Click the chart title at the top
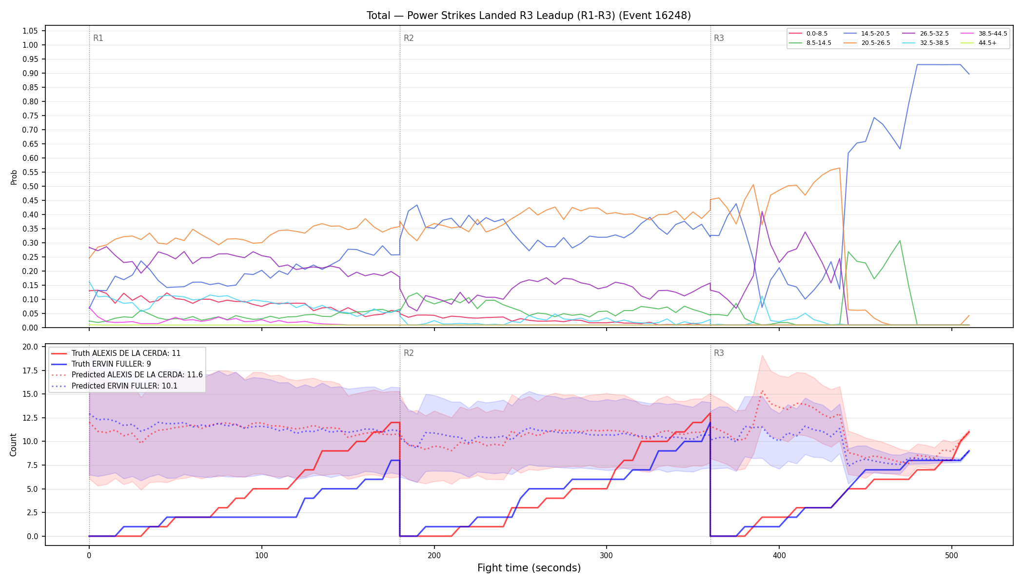pos(529,16)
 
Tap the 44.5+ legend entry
pos(979,43)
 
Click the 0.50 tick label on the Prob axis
pos(30,186)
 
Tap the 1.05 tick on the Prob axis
pos(30,31)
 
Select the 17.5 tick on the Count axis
pos(30,370)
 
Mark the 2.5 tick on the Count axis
pos(32,512)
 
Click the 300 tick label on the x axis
pos(607,555)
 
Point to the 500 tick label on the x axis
pos(951,555)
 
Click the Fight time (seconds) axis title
pos(529,568)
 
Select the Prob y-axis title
pos(14,177)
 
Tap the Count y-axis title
pos(13,445)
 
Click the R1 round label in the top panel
pos(98,38)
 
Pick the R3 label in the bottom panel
pos(719,353)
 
